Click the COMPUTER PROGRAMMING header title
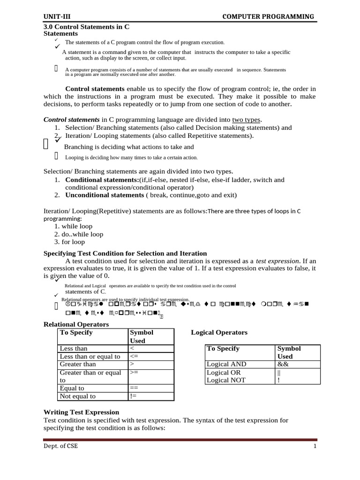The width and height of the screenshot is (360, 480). point(268,17)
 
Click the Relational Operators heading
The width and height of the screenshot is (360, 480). point(76,324)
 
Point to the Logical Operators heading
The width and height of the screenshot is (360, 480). point(219,332)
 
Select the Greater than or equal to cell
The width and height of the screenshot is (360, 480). point(90,376)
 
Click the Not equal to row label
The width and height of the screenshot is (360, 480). point(78,396)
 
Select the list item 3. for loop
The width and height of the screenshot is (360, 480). point(69,242)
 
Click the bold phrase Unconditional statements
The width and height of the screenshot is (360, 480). point(104,195)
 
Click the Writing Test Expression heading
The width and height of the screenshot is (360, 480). point(81,412)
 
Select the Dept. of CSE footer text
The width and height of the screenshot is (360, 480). point(60,446)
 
